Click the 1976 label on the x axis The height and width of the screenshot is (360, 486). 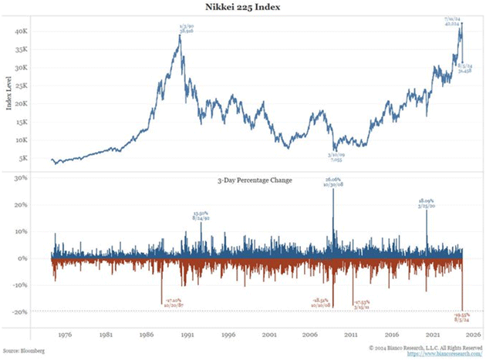(66, 335)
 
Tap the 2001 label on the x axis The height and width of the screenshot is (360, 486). (268, 335)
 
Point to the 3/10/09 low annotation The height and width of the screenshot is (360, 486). (336, 156)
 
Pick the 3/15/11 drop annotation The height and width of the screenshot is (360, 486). (363, 304)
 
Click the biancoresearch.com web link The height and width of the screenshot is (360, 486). (444, 354)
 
